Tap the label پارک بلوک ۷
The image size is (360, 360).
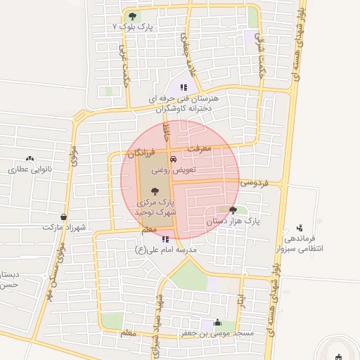tap(133, 27)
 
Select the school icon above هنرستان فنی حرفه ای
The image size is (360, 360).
tap(184, 87)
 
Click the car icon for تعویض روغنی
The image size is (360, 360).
tap(174, 159)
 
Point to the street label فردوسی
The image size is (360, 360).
tap(254, 182)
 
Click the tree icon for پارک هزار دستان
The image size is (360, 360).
tap(233, 210)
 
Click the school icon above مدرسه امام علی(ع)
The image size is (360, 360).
tap(165, 239)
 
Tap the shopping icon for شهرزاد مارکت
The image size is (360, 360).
tap(65, 217)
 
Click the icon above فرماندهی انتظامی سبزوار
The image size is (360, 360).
tap(300, 228)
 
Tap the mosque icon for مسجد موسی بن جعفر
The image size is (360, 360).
tap(217, 322)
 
